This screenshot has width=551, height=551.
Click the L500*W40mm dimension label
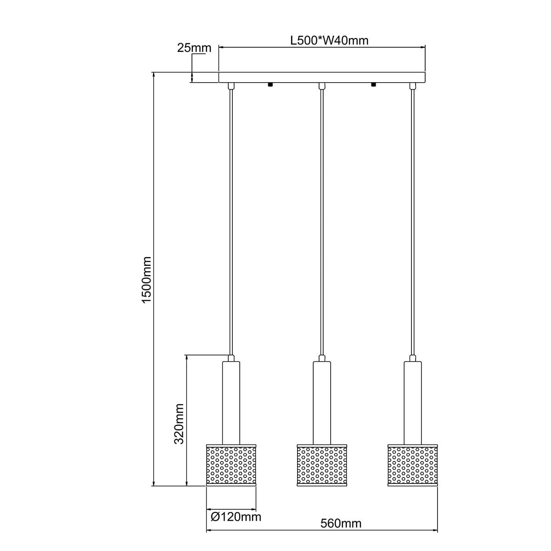329,40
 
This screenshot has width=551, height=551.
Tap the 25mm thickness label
194,48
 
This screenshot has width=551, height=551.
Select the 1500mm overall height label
146,280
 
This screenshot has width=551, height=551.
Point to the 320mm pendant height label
179,423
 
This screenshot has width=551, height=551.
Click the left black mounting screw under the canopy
270,84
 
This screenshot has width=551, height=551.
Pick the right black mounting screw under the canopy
373,84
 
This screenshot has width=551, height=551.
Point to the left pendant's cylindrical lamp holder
231,402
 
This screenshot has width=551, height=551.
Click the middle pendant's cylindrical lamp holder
322,402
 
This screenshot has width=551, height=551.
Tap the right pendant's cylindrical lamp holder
413,402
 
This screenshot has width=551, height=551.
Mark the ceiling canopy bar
322,77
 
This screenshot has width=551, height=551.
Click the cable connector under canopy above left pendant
231,86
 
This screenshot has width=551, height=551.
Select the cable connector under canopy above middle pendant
322,86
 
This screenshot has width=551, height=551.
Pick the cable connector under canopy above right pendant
413,86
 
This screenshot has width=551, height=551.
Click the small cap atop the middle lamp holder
322,358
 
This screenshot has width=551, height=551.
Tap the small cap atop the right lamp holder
413,358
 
